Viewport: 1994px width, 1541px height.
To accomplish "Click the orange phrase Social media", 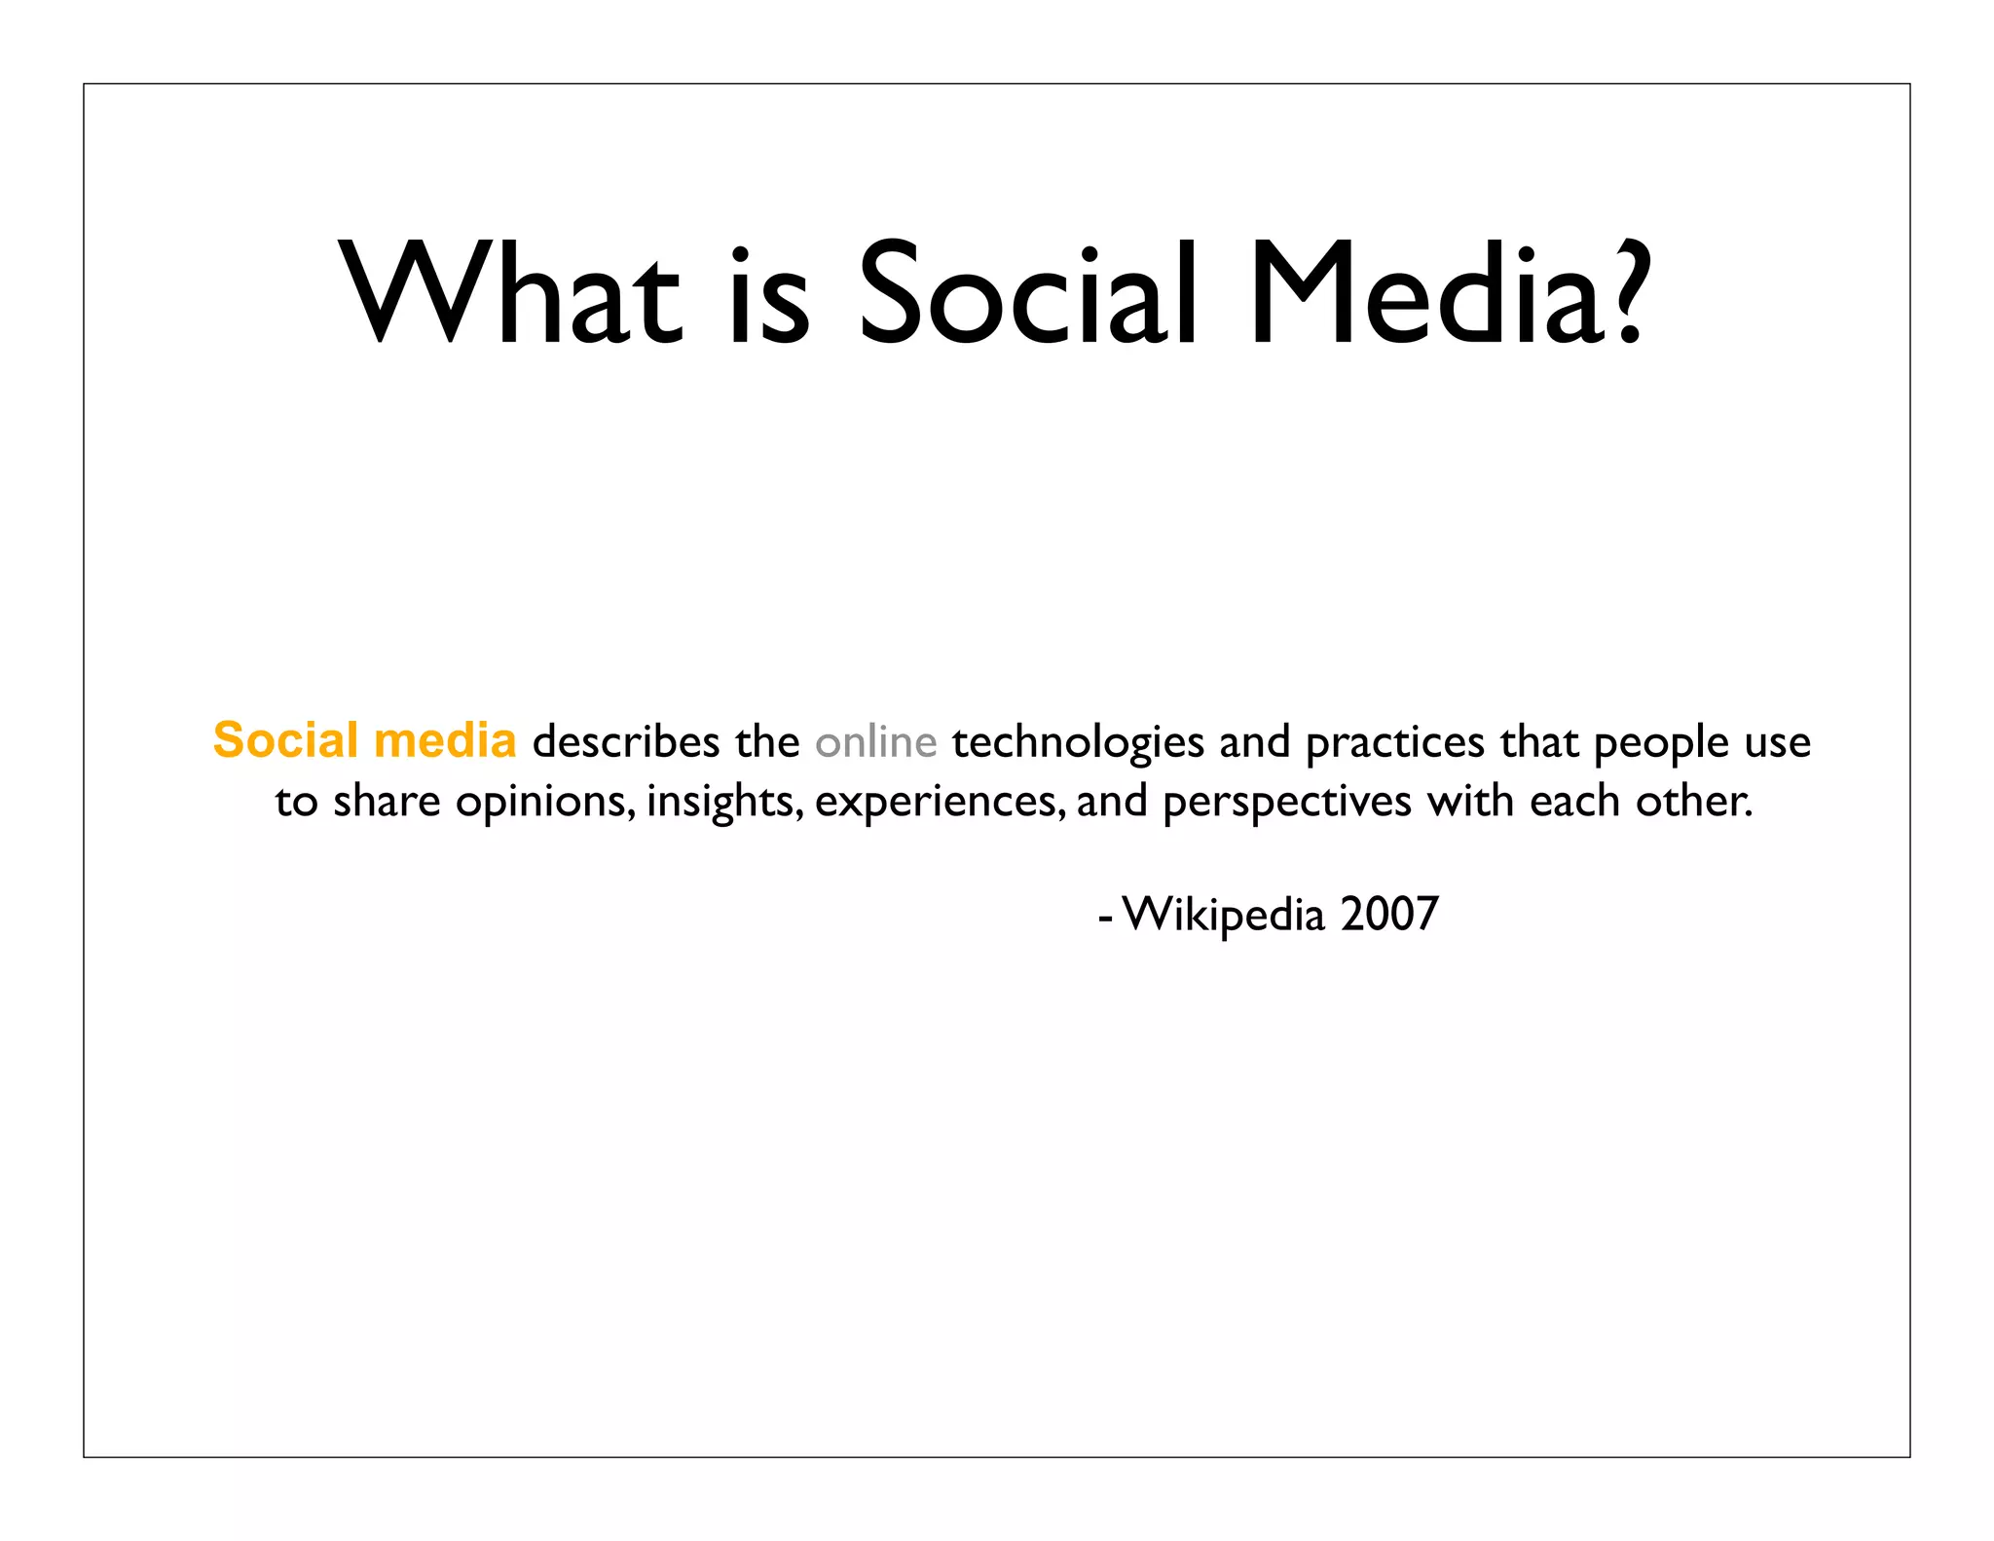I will point(364,740).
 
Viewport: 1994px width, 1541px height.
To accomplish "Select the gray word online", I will point(875,742).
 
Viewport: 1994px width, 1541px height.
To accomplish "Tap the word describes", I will point(625,742).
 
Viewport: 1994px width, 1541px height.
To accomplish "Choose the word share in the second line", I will point(387,802).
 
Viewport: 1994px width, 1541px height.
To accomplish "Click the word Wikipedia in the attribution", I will point(1223,915).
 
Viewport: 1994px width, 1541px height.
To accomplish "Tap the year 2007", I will point(1388,915).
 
